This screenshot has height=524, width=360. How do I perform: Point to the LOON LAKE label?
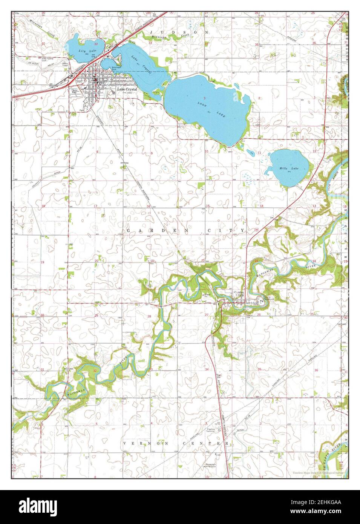[211, 109]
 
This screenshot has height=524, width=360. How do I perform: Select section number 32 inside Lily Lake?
[97, 44]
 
